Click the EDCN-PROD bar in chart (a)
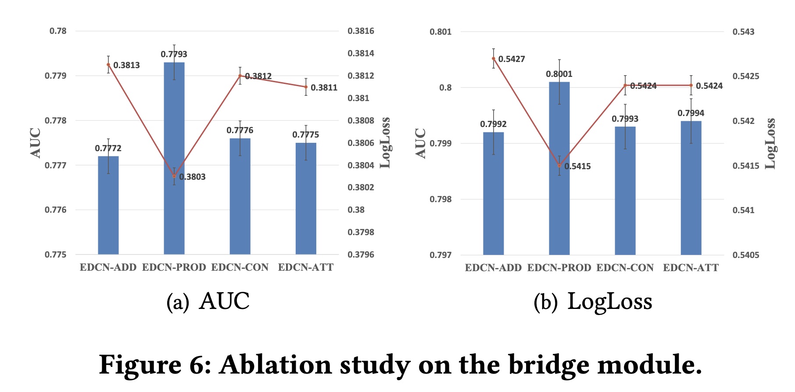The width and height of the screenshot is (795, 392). (174, 158)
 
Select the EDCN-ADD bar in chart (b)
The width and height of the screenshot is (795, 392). (493, 193)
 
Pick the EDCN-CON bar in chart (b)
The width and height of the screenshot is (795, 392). (625, 191)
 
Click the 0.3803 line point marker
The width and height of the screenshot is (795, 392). (174, 176)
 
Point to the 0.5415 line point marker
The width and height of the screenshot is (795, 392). (559, 166)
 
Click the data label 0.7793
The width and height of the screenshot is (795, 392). (174, 54)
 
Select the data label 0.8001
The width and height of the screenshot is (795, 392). (559, 74)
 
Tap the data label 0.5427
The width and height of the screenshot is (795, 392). (512, 59)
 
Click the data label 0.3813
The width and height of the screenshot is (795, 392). (126, 65)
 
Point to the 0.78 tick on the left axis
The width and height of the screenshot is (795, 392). (58, 31)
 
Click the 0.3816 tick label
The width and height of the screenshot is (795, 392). (361, 31)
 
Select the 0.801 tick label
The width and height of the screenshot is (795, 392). (440, 32)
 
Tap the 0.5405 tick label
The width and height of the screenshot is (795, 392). (746, 255)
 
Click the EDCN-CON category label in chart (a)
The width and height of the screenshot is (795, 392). (240, 267)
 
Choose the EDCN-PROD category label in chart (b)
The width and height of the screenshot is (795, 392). (559, 268)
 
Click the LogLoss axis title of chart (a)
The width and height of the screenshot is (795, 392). (385, 142)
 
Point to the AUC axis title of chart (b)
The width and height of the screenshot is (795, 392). (420, 143)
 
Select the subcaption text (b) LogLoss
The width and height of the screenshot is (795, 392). (593, 301)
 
